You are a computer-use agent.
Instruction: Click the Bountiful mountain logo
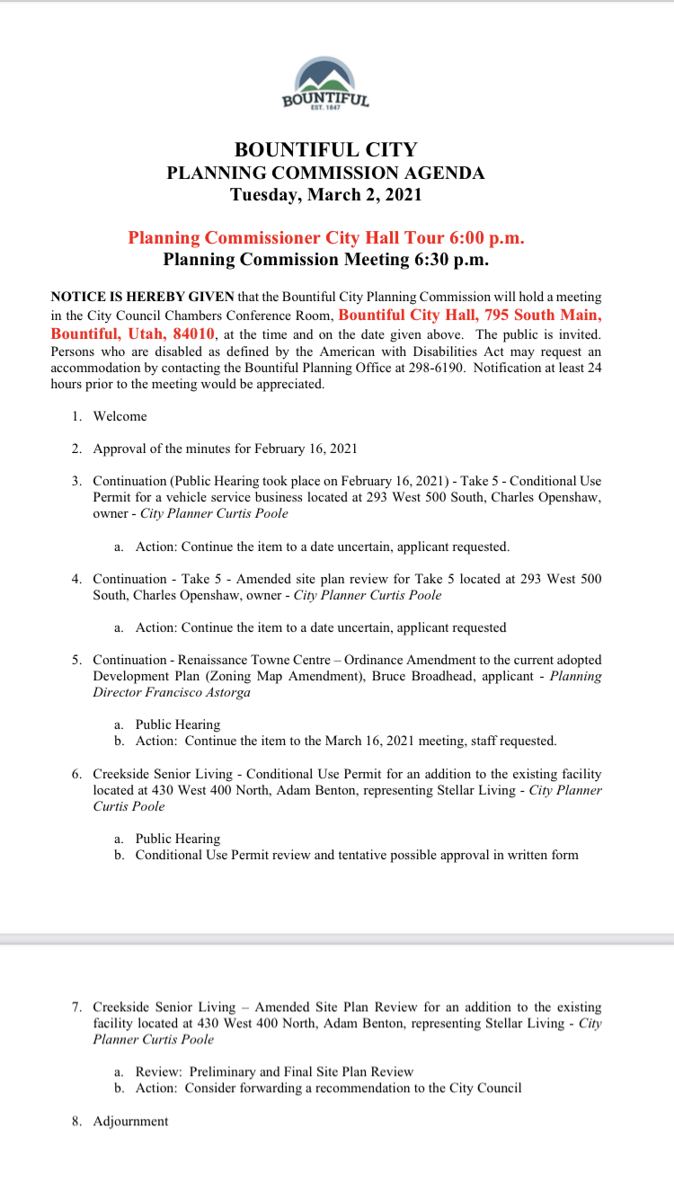(325, 84)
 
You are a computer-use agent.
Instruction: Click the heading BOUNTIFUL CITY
(325, 150)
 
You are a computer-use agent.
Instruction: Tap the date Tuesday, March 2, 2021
(325, 194)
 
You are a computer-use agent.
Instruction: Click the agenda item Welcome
(120, 416)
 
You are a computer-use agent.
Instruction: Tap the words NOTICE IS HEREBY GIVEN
(143, 296)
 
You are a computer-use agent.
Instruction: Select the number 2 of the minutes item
(77, 449)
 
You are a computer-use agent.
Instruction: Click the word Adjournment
(130, 1121)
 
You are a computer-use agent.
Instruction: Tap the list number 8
(77, 1121)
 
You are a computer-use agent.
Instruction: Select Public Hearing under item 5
(178, 724)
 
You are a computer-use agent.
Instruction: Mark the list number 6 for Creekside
(77, 774)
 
